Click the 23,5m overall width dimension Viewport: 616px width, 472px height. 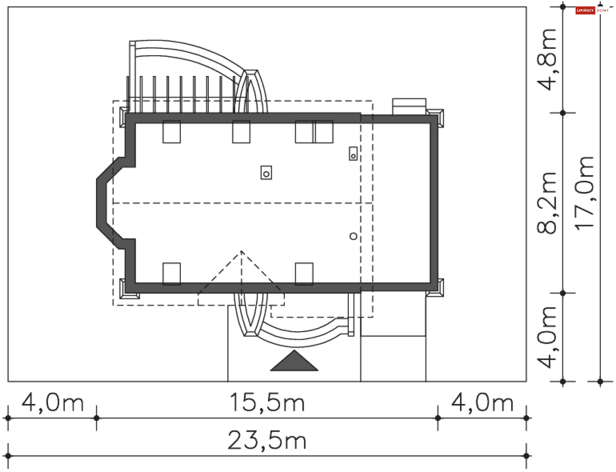point(267,440)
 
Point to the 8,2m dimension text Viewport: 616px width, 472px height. point(546,203)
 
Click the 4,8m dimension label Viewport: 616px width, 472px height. point(546,60)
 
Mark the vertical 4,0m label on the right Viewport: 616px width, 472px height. point(546,337)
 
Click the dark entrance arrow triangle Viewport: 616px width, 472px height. point(294,362)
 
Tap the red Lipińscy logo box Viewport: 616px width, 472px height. point(585,11)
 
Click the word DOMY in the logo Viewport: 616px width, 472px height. point(603,11)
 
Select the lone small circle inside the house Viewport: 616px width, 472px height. point(353,236)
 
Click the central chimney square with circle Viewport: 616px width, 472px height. point(266,173)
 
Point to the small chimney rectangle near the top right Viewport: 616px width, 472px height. point(353,154)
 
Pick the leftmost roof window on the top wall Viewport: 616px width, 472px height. point(172,132)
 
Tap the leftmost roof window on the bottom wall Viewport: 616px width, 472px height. point(172,274)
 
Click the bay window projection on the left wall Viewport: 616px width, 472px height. point(106,203)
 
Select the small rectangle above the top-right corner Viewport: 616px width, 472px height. point(409,106)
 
